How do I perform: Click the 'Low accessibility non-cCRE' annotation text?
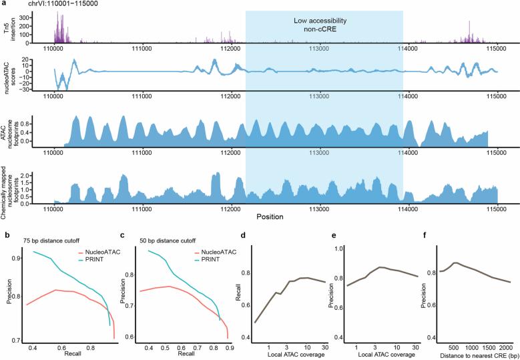(324, 25)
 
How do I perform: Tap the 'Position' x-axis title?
(272, 216)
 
